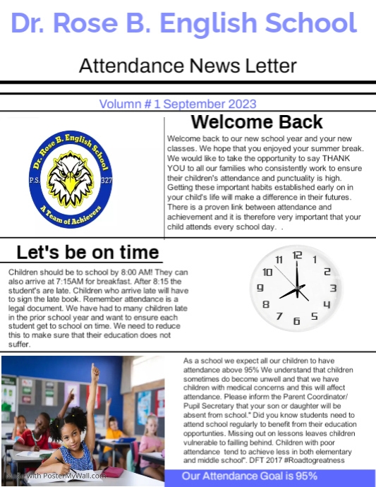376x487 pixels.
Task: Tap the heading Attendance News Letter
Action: (188, 66)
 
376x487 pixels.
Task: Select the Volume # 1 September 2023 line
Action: (187, 103)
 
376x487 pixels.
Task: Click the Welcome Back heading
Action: (257, 122)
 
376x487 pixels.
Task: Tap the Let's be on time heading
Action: (87, 253)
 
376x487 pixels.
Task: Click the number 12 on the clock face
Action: (297, 255)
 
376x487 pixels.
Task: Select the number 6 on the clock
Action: (296, 321)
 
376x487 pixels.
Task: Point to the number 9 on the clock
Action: (260, 288)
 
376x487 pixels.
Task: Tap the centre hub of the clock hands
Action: (297, 288)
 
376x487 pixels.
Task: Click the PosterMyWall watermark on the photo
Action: (56, 476)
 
